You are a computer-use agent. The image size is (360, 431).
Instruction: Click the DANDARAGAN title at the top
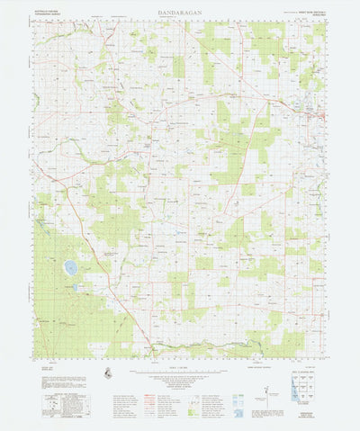pyautogui.click(x=180, y=12)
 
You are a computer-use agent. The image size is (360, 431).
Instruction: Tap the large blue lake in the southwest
pyautogui.click(x=70, y=267)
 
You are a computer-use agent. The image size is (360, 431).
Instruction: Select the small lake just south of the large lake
pyautogui.click(x=75, y=286)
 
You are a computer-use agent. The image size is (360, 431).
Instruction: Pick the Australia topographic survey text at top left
pyautogui.click(x=48, y=13)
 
